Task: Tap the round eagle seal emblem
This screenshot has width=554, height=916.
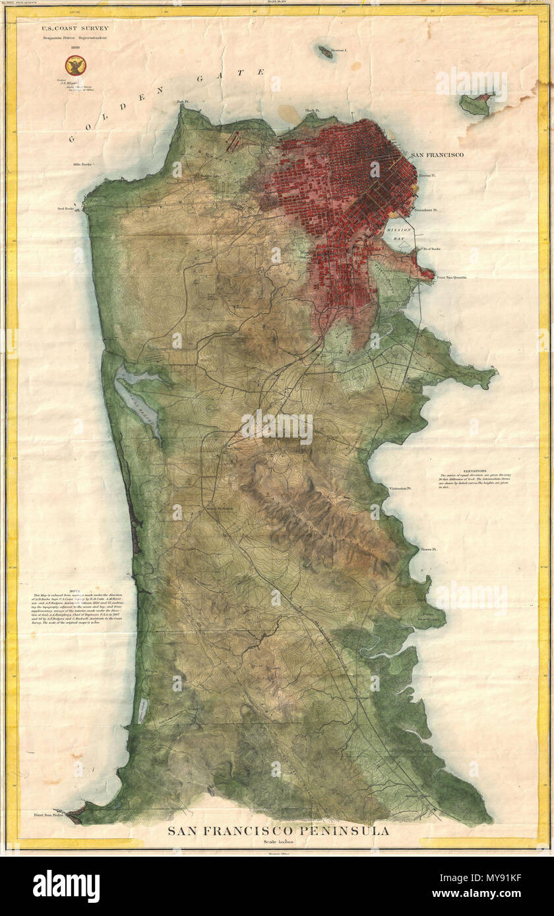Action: (x=75, y=65)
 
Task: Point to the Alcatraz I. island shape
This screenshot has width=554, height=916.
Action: (x=325, y=51)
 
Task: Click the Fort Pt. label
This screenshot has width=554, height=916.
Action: (x=183, y=101)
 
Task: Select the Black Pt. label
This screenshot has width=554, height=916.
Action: (x=312, y=110)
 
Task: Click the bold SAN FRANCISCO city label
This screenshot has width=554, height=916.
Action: (x=437, y=155)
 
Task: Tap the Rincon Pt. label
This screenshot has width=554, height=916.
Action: (x=428, y=176)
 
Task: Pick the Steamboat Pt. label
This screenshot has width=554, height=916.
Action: (x=427, y=210)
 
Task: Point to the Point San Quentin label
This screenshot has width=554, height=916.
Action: (x=451, y=277)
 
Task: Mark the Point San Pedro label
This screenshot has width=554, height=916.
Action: (x=46, y=815)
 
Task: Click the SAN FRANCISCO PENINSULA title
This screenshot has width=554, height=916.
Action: (x=278, y=831)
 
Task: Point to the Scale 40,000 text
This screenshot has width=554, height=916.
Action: (x=278, y=843)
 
